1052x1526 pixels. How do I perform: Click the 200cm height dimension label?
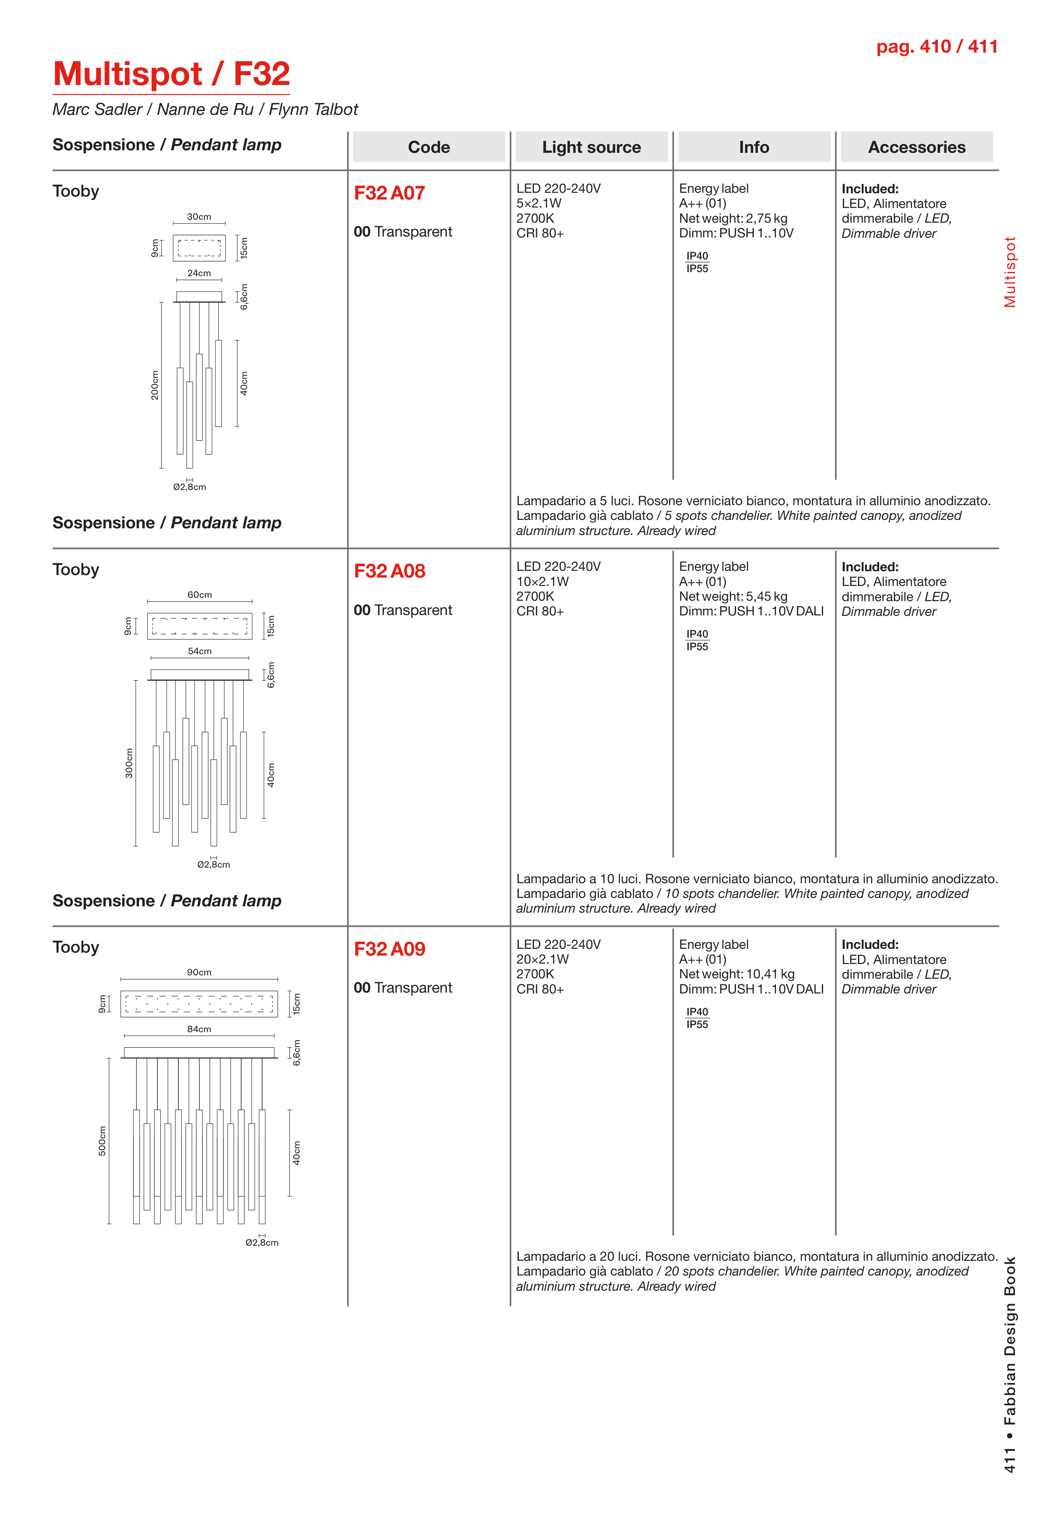(155, 385)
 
